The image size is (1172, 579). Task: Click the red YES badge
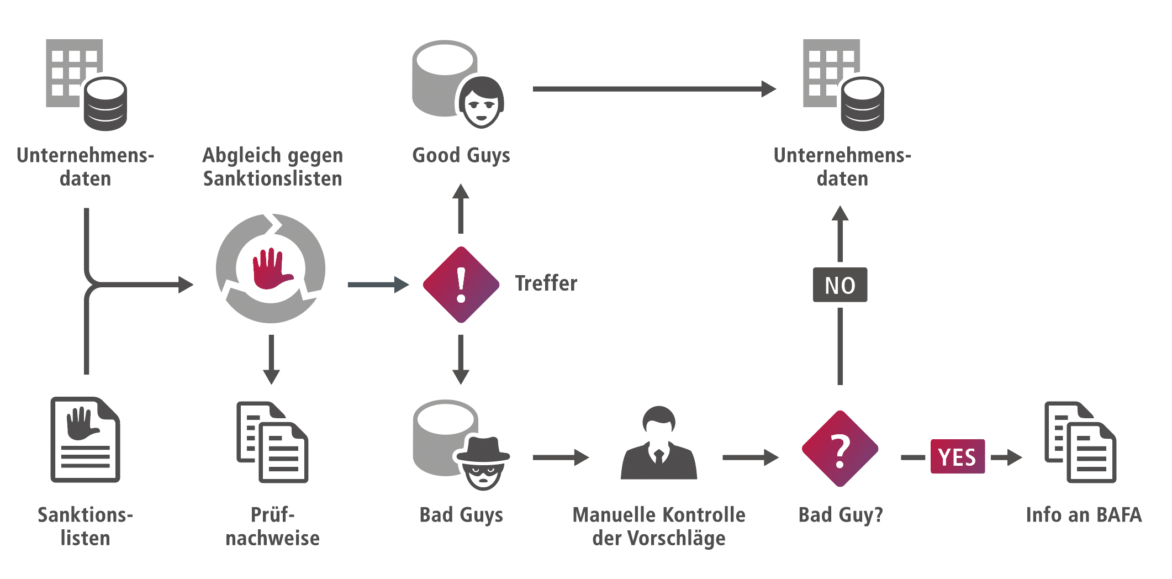(957, 456)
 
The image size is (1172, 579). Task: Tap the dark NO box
(840, 285)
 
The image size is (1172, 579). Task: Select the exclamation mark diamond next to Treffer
(461, 285)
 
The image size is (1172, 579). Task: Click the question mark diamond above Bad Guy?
(840, 449)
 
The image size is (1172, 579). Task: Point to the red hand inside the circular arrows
(271, 269)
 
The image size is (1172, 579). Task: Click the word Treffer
(546, 283)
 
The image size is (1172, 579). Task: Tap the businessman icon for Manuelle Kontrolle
(659, 445)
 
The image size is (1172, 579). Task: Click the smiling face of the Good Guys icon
(481, 104)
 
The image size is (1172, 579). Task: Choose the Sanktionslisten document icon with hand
(86, 440)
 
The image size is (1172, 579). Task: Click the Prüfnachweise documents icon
(272, 442)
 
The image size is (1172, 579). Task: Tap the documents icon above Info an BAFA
(1080, 442)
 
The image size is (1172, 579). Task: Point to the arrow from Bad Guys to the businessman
(560, 457)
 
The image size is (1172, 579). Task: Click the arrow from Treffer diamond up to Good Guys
(461, 209)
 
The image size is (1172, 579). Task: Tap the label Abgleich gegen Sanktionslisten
(272, 167)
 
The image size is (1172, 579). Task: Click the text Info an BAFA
(1083, 515)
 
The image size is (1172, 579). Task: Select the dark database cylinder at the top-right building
(862, 104)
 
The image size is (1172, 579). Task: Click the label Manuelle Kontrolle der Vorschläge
(659, 526)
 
